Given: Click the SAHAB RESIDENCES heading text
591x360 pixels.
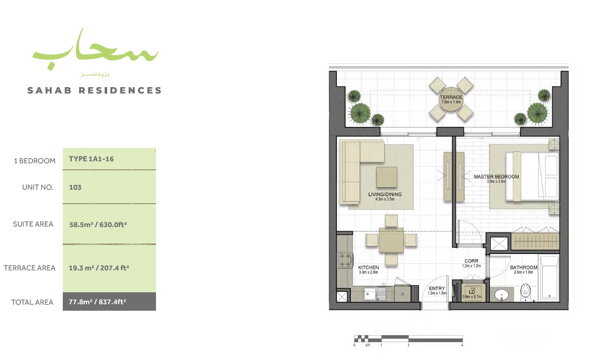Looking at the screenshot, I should pyautogui.click(x=95, y=91).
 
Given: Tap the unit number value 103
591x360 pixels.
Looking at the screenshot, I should pyautogui.click(x=75, y=188).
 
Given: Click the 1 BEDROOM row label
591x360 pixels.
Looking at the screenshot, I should pyautogui.click(x=34, y=161).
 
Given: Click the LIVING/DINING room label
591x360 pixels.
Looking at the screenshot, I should pyautogui.click(x=384, y=195).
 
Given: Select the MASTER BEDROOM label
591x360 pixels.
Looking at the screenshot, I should pyautogui.click(x=496, y=177).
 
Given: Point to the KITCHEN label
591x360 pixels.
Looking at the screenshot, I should pyautogui.click(x=368, y=267).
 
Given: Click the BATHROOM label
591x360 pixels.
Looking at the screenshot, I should pyautogui.click(x=523, y=267).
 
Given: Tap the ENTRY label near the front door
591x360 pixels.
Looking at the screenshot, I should pyautogui.click(x=437, y=288).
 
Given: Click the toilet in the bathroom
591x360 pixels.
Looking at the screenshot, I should pyautogui.click(x=524, y=292).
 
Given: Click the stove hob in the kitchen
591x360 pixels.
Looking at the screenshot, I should pyautogui.click(x=344, y=259).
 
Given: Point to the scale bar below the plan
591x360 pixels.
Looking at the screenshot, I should pyautogui.click(x=408, y=339).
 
